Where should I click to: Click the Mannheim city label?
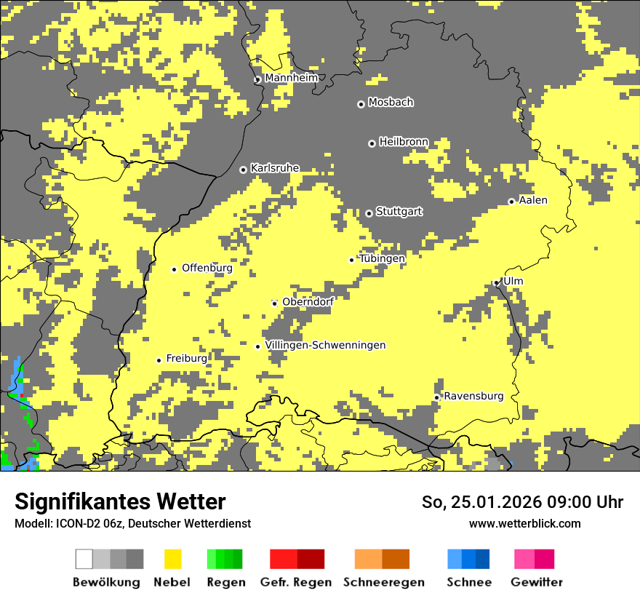click(291, 78)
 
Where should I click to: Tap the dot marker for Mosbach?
click(361, 104)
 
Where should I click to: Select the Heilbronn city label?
click(404, 142)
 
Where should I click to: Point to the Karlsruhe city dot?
click(243, 170)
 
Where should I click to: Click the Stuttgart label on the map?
click(399, 212)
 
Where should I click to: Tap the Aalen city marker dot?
click(511, 202)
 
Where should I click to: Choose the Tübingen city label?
click(382, 258)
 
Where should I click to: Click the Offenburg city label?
click(207, 268)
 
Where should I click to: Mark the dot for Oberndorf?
click(274, 303)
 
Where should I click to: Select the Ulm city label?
click(513, 281)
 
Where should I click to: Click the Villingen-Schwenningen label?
click(325, 345)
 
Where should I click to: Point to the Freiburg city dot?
click(159, 360)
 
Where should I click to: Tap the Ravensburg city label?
click(473, 396)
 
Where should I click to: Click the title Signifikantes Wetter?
click(120, 502)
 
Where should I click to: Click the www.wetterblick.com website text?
click(524, 524)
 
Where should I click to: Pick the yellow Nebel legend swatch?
click(173, 559)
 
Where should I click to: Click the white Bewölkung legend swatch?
click(84, 559)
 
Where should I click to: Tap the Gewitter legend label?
click(536, 582)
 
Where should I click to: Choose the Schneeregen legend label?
click(384, 582)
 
